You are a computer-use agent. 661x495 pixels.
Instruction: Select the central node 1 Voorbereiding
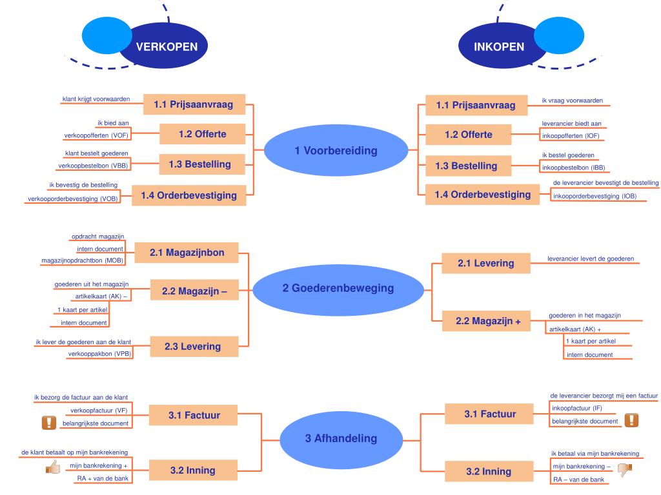[336, 151]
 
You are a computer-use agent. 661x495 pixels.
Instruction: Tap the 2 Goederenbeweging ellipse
[338, 288]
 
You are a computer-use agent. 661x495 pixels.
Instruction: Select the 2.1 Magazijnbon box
[187, 253]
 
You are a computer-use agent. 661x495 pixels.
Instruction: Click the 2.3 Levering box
[192, 346]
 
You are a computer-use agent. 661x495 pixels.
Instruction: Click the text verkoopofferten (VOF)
[96, 135]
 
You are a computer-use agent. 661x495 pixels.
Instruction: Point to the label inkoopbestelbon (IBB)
[568, 168]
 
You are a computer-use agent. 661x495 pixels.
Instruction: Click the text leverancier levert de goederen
[590, 258]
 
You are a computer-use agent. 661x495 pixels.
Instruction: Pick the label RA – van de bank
[577, 480]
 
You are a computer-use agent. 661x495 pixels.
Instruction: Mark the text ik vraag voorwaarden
[572, 101]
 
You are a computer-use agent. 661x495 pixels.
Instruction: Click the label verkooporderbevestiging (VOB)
[72, 199]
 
